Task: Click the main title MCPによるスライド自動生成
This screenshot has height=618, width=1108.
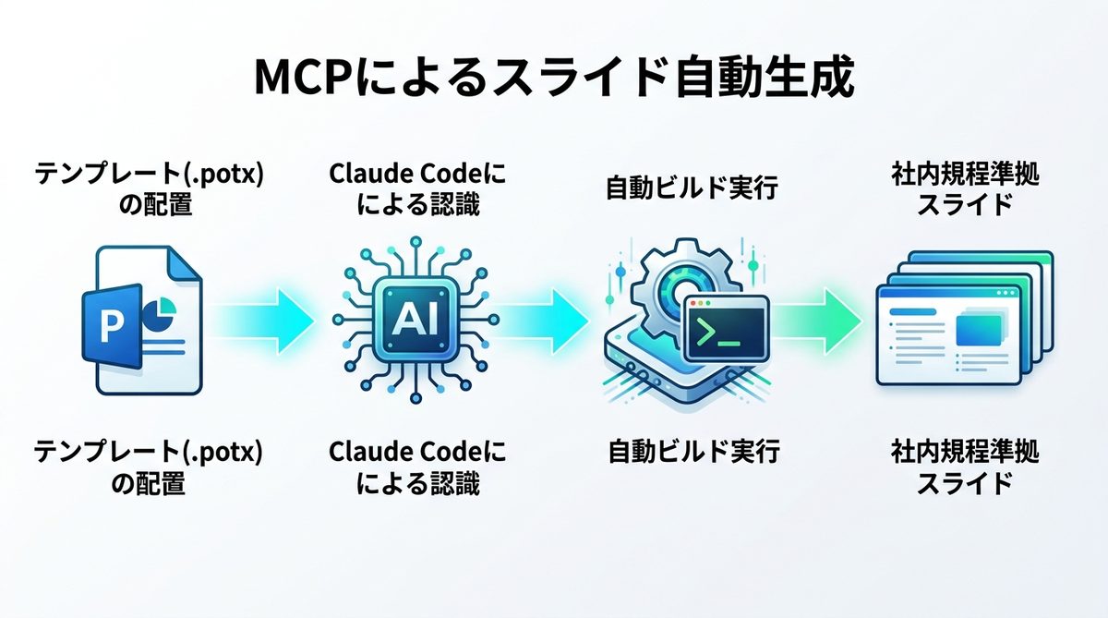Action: click(x=554, y=80)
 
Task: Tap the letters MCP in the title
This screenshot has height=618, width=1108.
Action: click(x=308, y=80)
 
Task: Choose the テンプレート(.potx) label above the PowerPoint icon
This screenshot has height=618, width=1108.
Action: click(x=148, y=175)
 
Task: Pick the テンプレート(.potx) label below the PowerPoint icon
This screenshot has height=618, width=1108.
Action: click(x=148, y=453)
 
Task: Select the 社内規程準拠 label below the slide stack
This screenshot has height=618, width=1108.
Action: click(x=965, y=453)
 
